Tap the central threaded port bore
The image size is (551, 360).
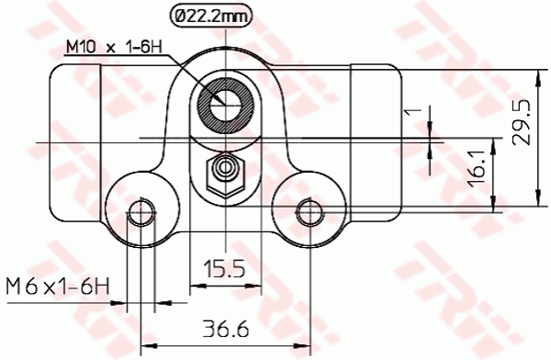pyautogui.click(x=223, y=103)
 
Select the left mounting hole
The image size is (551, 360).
pyautogui.click(x=140, y=214)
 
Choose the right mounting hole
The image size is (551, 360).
pyautogui.click(x=308, y=214)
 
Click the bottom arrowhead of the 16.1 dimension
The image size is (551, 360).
pyautogui.click(x=495, y=208)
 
